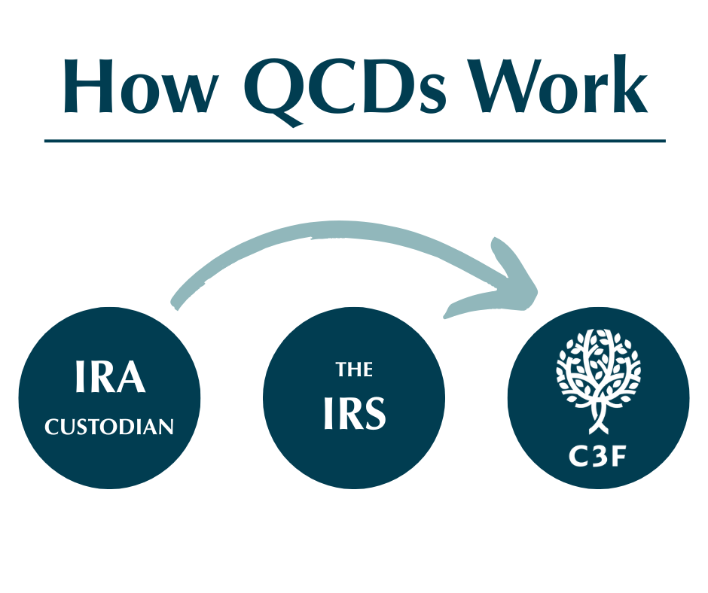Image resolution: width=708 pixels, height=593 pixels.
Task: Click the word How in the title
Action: point(140,85)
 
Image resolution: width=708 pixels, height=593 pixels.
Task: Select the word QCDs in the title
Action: point(345,90)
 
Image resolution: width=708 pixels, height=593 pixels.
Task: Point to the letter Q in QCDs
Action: point(274,91)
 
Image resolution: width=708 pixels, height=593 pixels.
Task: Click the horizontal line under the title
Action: point(355,141)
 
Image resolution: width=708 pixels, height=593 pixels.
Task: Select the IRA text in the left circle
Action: point(110,376)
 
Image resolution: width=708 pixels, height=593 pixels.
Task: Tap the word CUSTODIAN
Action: point(109,427)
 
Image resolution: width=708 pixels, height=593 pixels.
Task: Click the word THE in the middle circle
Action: point(354,369)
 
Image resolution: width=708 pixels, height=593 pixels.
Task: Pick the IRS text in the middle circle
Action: point(355,413)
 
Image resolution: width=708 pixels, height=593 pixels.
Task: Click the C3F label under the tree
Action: point(597,457)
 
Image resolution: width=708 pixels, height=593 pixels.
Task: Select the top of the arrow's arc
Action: point(339,229)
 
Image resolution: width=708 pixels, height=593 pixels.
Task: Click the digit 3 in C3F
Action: point(597,457)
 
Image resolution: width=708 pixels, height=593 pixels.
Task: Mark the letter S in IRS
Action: point(374,413)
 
